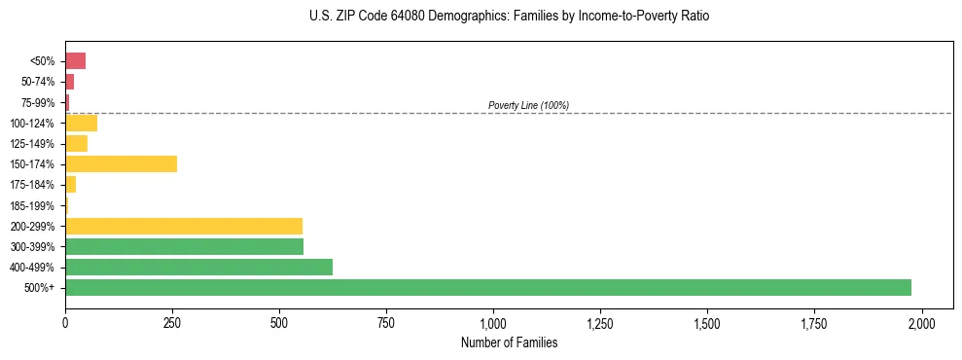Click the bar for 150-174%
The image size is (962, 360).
122,163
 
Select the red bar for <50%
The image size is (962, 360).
76,61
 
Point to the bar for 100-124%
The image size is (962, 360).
82,123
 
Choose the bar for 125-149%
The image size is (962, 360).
77,143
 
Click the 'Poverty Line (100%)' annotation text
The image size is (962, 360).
528,105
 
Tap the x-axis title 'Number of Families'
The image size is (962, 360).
510,342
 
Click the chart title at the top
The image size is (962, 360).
510,17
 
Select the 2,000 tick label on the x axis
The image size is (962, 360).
921,322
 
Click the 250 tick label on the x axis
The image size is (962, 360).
172,322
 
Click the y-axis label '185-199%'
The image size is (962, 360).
35,205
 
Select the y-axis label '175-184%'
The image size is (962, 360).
35,185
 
